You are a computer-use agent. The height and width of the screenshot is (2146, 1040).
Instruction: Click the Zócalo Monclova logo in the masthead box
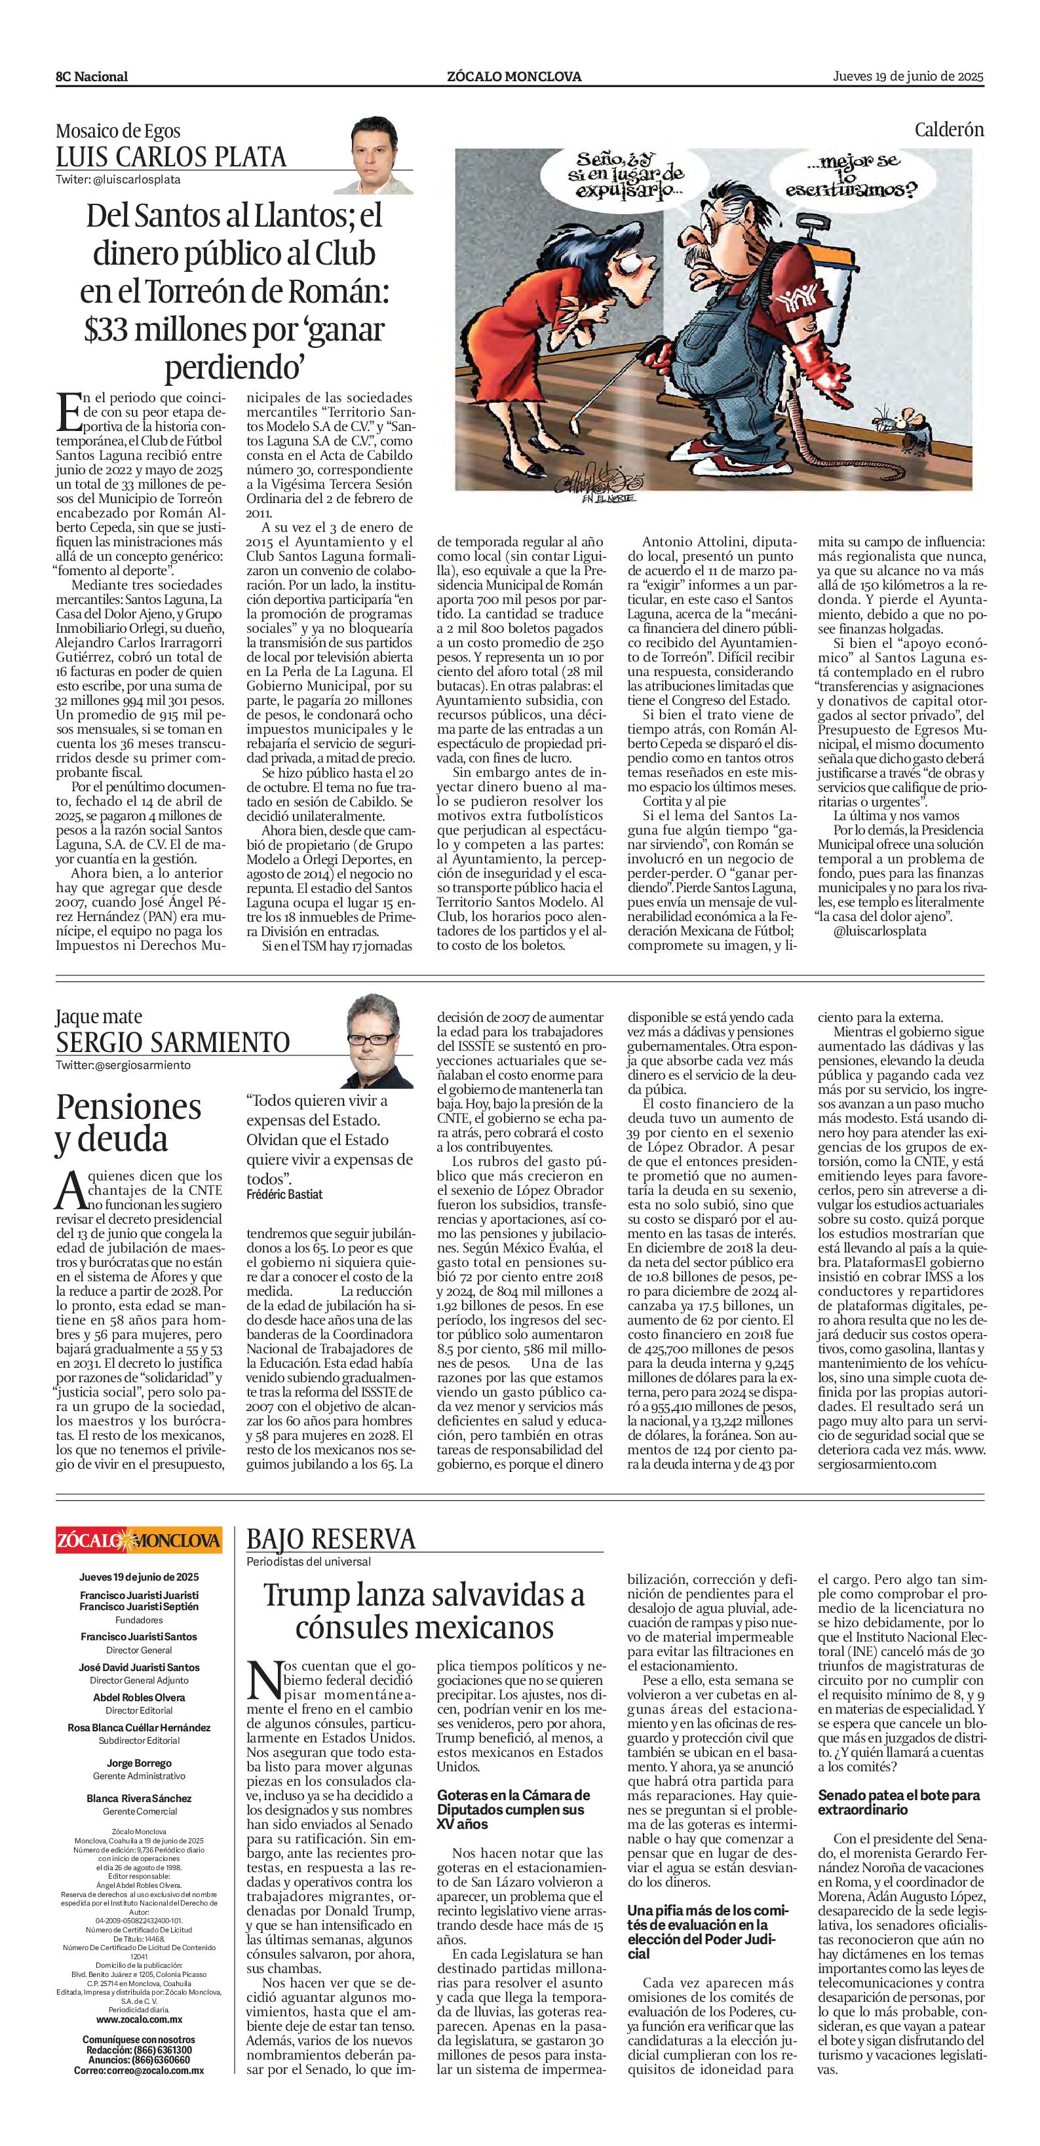(139, 1539)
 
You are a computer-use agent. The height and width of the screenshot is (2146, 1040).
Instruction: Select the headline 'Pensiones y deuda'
(128, 1122)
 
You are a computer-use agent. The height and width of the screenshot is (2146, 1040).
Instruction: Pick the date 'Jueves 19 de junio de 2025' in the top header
(908, 77)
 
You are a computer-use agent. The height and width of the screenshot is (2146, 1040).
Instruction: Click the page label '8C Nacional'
(92, 77)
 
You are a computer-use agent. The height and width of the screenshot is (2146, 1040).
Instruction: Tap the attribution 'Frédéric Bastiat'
(284, 1194)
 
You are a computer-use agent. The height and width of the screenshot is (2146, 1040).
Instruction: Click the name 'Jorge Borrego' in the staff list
(139, 1762)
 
